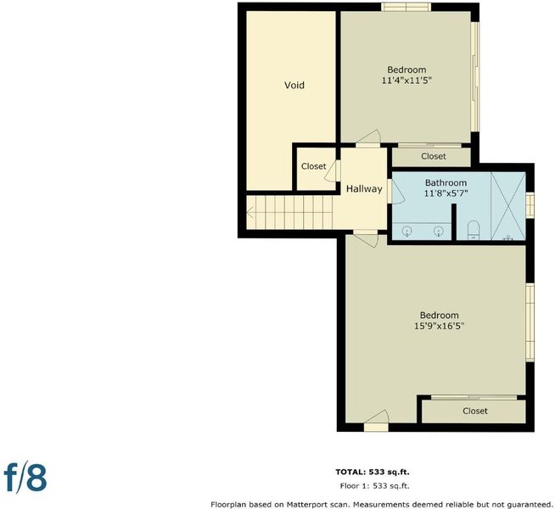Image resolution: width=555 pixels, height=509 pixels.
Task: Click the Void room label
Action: click(x=294, y=85)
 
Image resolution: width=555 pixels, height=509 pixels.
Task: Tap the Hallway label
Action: click(x=364, y=189)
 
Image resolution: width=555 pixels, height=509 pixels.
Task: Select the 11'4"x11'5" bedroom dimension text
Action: click(x=406, y=81)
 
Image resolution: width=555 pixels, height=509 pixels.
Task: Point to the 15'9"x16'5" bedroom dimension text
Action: click(x=440, y=326)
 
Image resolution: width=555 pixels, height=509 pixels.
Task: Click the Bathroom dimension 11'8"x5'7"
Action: click(x=446, y=193)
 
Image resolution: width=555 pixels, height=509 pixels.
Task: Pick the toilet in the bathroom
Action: click(x=474, y=230)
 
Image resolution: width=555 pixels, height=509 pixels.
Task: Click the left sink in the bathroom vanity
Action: click(x=407, y=232)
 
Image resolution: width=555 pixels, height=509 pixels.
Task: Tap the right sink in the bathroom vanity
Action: click(x=439, y=232)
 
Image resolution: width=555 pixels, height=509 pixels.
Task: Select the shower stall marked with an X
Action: click(x=508, y=206)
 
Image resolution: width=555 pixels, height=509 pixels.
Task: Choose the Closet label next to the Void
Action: click(x=314, y=166)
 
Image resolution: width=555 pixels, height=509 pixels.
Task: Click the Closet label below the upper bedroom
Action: click(x=434, y=156)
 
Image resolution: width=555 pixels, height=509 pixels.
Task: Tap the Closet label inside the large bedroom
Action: click(x=475, y=411)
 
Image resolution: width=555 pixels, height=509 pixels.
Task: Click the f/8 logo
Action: click(x=25, y=478)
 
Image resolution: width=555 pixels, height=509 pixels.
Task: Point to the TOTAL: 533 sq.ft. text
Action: click(x=373, y=472)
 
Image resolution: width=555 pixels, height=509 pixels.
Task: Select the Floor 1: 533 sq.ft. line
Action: click(x=374, y=486)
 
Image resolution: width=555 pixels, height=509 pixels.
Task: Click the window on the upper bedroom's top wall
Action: click(x=406, y=7)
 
